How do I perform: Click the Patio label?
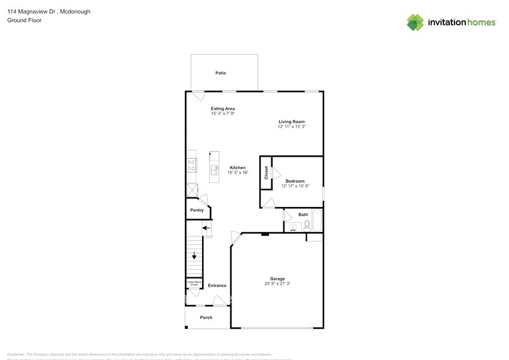(221, 73)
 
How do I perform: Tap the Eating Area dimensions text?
(223, 114)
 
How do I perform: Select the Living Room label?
(291, 121)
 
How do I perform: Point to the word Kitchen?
(238, 168)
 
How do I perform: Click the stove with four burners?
(191, 164)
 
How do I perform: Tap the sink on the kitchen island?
(214, 169)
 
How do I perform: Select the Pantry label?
(197, 210)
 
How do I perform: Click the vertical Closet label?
(266, 173)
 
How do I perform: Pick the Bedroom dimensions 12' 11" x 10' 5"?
(295, 186)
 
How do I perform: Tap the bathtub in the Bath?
(317, 220)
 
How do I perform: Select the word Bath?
(303, 215)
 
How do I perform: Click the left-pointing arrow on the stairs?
(206, 228)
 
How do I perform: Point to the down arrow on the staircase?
(194, 255)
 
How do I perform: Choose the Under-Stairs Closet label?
(194, 284)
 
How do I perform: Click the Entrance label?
(217, 285)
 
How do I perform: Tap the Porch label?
(206, 317)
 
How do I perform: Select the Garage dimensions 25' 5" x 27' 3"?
(277, 283)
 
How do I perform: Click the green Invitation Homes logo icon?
(415, 23)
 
